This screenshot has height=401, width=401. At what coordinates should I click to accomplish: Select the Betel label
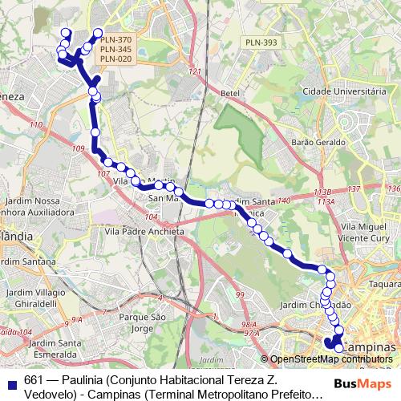pyautogui.click(x=230, y=93)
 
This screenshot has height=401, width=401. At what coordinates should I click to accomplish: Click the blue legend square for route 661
pyautogui.click(x=10, y=380)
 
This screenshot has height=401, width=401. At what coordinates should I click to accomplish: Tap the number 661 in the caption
pyautogui.click(x=33, y=379)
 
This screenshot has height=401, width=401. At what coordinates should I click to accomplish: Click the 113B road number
pyautogui.click(x=322, y=192)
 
